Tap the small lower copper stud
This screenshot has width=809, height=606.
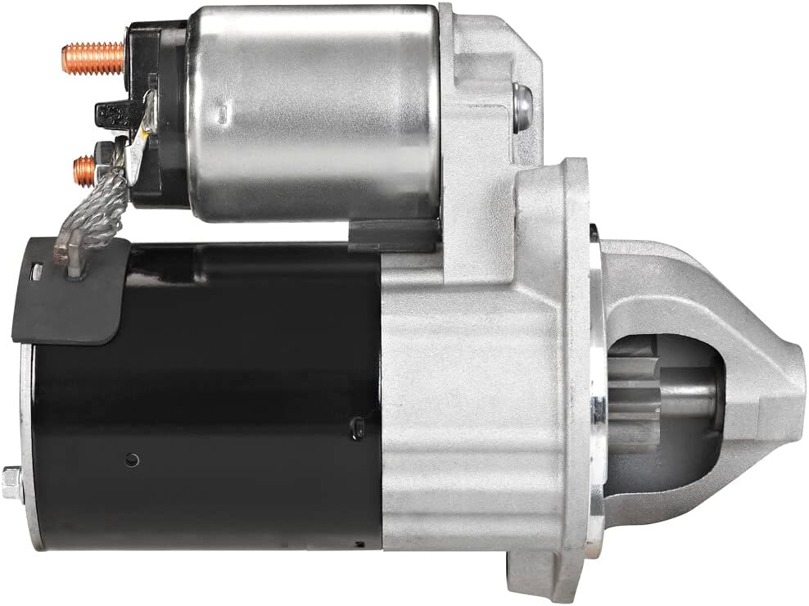84,170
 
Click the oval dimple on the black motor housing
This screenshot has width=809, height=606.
359,425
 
